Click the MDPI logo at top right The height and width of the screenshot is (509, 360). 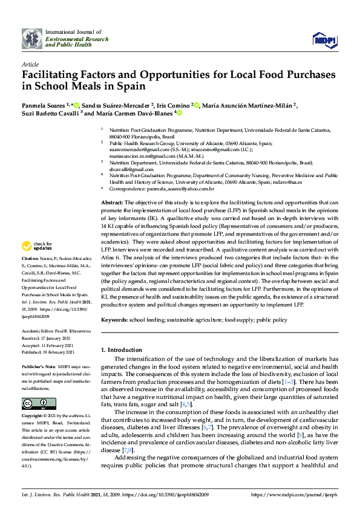(x=324, y=40)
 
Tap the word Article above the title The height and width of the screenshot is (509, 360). (x=30, y=63)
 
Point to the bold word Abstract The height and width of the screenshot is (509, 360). (x=111, y=202)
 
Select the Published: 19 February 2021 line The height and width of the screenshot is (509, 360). (x=48, y=352)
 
